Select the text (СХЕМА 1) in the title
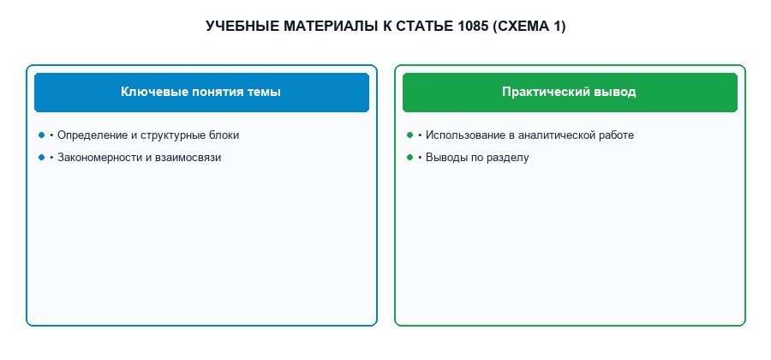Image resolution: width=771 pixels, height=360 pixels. pos(529,26)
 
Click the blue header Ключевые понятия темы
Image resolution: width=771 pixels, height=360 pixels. pos(201,93)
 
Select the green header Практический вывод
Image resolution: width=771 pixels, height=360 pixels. pos(570,93)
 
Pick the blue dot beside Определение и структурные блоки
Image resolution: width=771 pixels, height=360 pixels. pos(41,135)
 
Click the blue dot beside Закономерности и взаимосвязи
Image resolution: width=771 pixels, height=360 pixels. pos(41,158)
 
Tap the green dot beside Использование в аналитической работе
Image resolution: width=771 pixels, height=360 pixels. pos(409,135)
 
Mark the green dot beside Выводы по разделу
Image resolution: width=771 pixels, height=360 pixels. pos(409,158)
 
